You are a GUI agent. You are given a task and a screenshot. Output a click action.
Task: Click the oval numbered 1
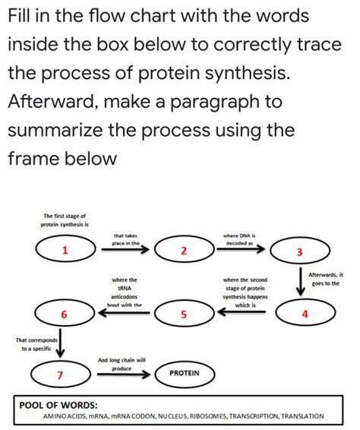[65, 250]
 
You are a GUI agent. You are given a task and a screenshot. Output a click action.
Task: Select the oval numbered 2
[184, 250]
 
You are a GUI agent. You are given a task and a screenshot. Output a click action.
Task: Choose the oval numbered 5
[184, 313]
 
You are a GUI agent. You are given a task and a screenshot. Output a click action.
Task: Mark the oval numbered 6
[65, 314]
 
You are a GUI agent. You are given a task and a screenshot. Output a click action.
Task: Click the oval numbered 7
[60, 374]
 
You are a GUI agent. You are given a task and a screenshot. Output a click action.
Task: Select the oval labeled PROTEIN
[184, 373]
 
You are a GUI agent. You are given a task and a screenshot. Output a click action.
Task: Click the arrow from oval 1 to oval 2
[125, 249]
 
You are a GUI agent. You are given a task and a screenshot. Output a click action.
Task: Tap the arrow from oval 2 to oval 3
[242, 249]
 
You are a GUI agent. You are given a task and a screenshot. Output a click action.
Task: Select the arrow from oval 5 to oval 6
[125, 312]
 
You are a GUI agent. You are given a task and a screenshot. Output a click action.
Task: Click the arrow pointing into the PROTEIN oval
[125, 373]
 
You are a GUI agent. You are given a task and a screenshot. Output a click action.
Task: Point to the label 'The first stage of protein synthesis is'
[65, 220]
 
